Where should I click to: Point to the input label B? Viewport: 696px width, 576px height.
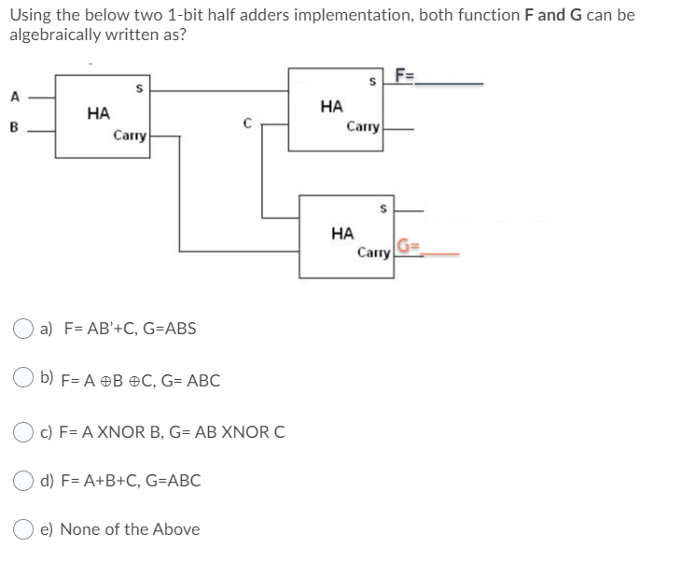(x=14, y=129)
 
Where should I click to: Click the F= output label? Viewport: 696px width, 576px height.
(x=406, y=77)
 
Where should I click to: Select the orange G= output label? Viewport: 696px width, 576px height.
(x=410, y=247)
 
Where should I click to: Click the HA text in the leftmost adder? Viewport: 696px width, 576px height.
(x=98, y=113)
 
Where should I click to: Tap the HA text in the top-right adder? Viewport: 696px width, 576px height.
(x=331, y=106)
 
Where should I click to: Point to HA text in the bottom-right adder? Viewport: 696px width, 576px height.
(x=342, y=232)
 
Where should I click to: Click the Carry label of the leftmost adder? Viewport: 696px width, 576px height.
(x=129, y=136)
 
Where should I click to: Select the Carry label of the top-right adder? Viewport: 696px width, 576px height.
(x=362, y=126)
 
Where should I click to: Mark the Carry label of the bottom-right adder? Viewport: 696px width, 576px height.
(x=373, y=252)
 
